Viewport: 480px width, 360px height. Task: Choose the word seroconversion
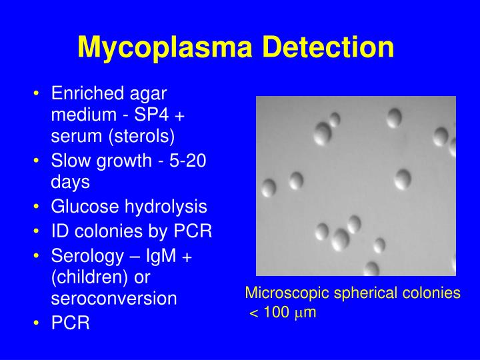pyautogui.click(x=114, y=298)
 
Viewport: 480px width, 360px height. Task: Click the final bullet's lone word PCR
pyautogui.click(x=70, y=323)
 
